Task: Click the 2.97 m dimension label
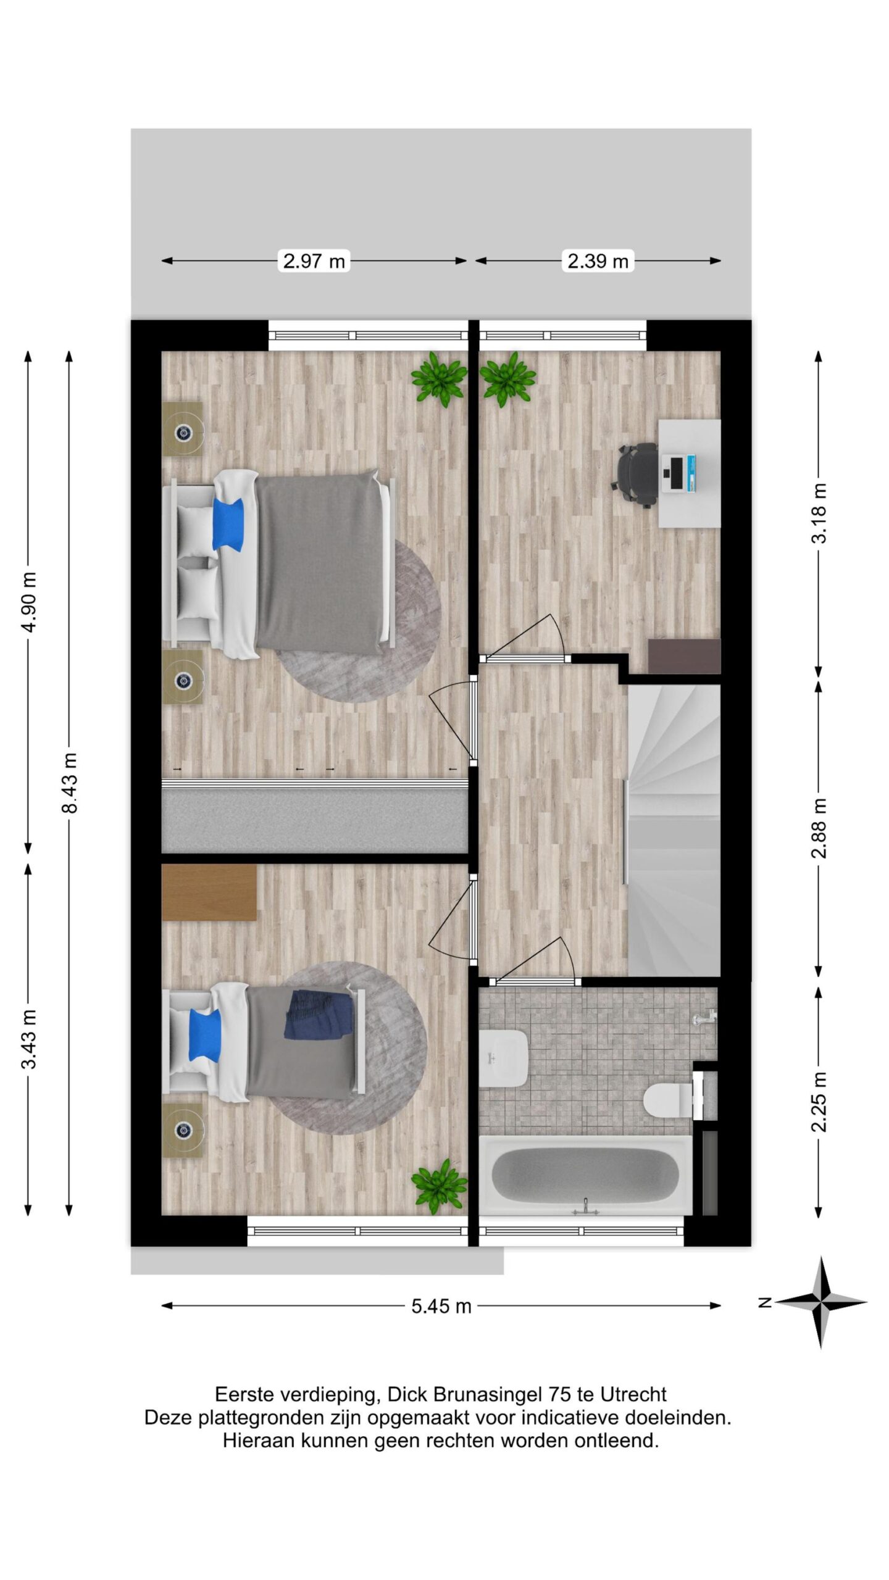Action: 314,261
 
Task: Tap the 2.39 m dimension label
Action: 598,261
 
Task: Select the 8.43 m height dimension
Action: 70,783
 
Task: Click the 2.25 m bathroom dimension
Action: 819,1102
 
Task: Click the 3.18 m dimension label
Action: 819,512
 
